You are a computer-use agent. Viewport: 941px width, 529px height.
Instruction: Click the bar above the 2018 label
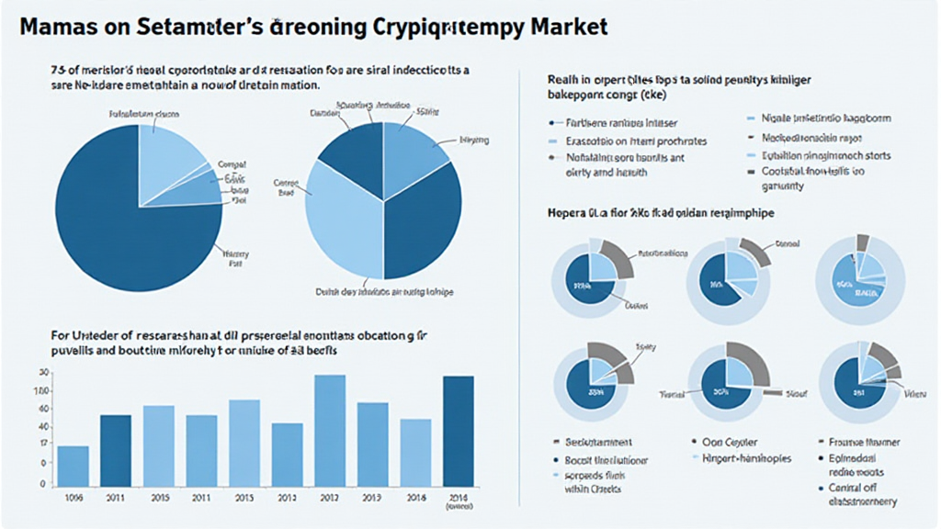(x=415, y=452)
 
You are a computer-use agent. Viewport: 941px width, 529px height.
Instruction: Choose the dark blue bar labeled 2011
(x=116, y=450)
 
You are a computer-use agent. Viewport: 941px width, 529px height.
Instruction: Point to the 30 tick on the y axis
(x=42, y=373)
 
